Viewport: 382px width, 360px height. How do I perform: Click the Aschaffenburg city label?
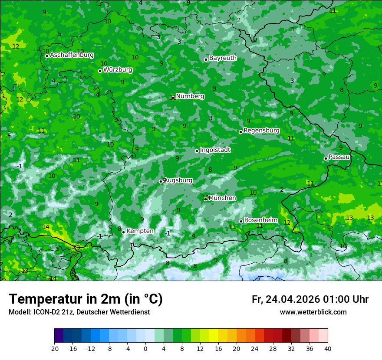[x=72, y=55]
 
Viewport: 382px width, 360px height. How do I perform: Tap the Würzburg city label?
[x=118, y=70]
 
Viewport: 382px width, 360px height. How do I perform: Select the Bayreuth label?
[x=223, y=58]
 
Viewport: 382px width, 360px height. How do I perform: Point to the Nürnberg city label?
[x=190, y=96]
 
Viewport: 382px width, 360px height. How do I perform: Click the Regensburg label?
[x=261, y=131]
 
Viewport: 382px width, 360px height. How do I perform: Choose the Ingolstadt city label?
[x=215, y=150]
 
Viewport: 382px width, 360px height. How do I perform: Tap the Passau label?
[x=339, y=157]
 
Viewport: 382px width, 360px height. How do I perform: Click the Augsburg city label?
[x=178, y=180]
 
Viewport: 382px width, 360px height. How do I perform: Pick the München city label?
[x=222, y=198]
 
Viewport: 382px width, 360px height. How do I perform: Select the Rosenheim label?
[x=261, y=220]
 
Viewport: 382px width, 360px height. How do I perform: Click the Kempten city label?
[x=140, y=231]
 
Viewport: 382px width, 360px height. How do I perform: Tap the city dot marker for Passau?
[x=326, y=158]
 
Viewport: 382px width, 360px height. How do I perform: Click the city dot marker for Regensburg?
[x=240, y=132]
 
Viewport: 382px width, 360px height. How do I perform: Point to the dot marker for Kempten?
[x=123, y=232]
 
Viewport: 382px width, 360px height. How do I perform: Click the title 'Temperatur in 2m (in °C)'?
[x=86, y=299]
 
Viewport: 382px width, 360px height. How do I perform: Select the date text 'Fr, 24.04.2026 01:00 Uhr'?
[x=310, y=299]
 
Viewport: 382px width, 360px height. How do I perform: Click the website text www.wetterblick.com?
[x=313, y=312]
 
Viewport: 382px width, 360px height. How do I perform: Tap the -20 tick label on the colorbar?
[x=54, y=349]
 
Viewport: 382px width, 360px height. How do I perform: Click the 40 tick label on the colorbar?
[x=328, y=349]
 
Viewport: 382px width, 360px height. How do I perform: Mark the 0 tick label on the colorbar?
[x=145, y=349]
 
